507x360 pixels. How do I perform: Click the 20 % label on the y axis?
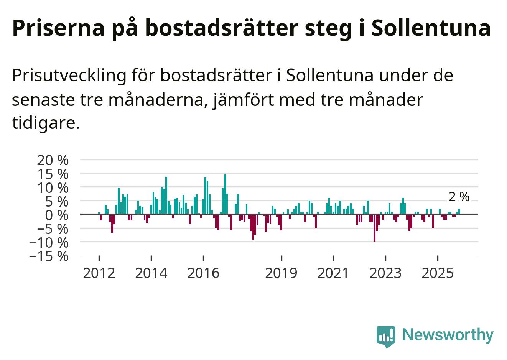(x=53, y=160)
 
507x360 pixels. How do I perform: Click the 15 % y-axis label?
(x=53, y=174)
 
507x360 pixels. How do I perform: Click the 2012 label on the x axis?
(x=99, y=273)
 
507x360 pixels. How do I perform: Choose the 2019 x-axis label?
(x=281, y=273)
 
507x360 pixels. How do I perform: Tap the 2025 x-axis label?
(x=438, y=273)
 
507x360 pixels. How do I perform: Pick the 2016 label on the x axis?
(x=203, y=273)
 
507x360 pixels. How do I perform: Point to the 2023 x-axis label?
(x=385, y=273)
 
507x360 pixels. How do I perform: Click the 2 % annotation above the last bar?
(x=459, y=197)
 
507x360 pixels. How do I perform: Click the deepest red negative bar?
(x=374, y=228)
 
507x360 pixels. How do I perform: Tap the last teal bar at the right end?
(x=459, y=211)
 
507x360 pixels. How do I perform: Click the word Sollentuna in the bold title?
(x=431, y=28)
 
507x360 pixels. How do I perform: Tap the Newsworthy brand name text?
(x=448, y=335)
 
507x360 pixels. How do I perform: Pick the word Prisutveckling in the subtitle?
(x=69, y=76)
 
